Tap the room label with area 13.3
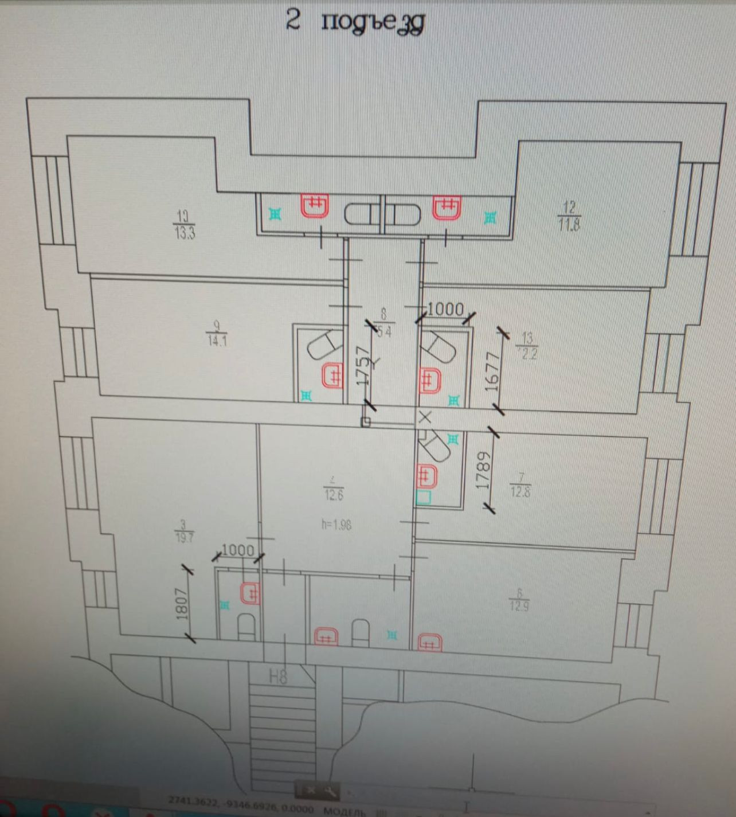pyautogui.click(x=184, y=224)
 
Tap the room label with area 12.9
pyautogui.click(x=519, y=599)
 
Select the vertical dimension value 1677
pyautogui.click(x=492, y=372)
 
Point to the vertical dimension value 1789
pyautogui.click(x=484, y=470)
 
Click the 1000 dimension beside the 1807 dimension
pyautogui.click(x=237, y=550)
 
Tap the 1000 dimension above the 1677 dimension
pyautogui.click(x=445, y=309)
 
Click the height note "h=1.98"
pyautogui.click(x=336, y=524)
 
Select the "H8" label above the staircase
pyautogui.click(x=278, y=677)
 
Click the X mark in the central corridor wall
pyautogui.click(x=425, y=417)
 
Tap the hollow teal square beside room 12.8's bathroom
pyautogui.click(x=423, y=497)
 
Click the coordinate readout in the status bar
pyautogui.click(x=241, y=807)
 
